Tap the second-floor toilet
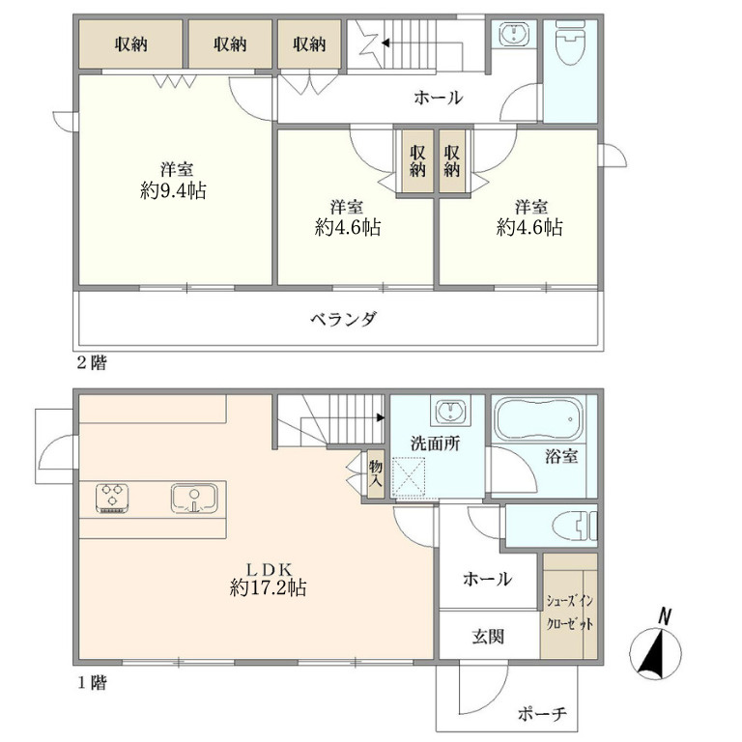[570, 43]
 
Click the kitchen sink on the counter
[194, 498]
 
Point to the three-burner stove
[112, 498]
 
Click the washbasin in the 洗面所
[450, 411]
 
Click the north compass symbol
[656, 645]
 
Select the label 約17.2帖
[268, 587]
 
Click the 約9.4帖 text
[173, 190]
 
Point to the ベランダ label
[344, 319]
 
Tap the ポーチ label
[542, 713]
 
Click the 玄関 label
[488, 637]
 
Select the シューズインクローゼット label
[570, 613]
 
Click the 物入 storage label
[376, 474]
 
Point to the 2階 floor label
[92, 363]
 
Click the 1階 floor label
[93, 683]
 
